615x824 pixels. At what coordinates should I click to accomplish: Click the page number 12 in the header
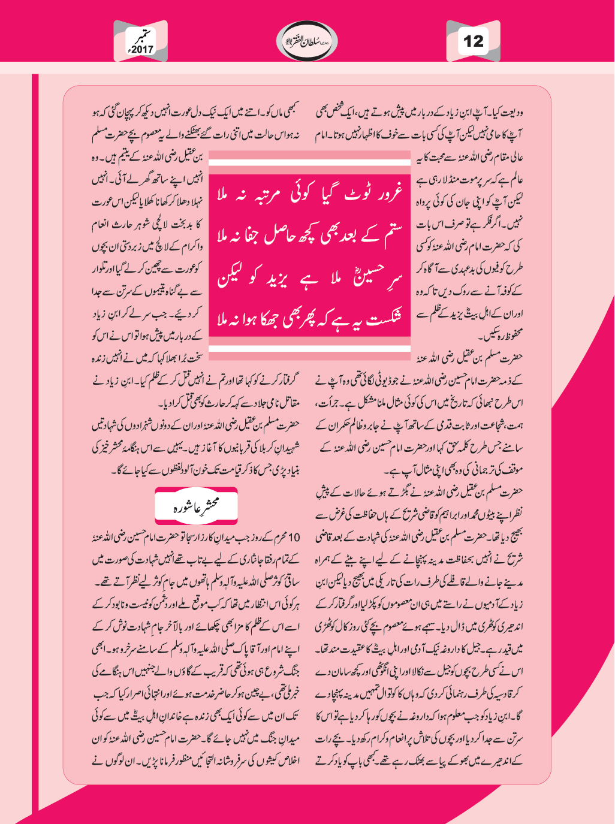[473, 41]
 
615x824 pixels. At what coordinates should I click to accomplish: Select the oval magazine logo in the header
[307, 41]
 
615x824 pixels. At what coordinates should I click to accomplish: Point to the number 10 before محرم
[294, 537]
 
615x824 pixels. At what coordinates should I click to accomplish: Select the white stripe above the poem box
[309, 162]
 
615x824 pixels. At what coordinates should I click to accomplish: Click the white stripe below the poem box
[309, 348]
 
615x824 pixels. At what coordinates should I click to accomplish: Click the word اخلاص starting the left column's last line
[287, 761]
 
